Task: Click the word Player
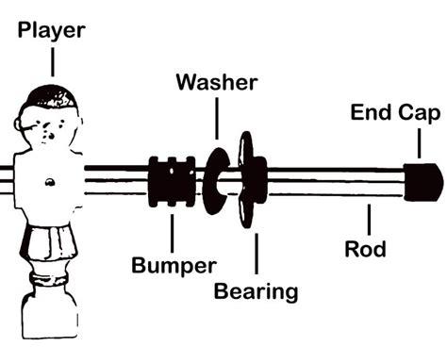[52, 30]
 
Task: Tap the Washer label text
[217, 82]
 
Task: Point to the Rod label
[365, 249]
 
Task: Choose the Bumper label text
[174, 266]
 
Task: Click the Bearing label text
[256, 291]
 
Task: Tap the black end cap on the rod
[423, 182]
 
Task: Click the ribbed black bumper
[172, 182]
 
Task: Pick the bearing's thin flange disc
[245, 179]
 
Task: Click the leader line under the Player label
[53, 62]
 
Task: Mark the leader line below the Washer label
[217, 118]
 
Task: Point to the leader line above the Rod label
[369, 220]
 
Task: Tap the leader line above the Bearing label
[257, 254]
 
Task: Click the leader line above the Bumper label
[172, 233]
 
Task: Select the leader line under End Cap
[419, 143]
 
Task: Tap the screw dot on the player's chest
[49, 182]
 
